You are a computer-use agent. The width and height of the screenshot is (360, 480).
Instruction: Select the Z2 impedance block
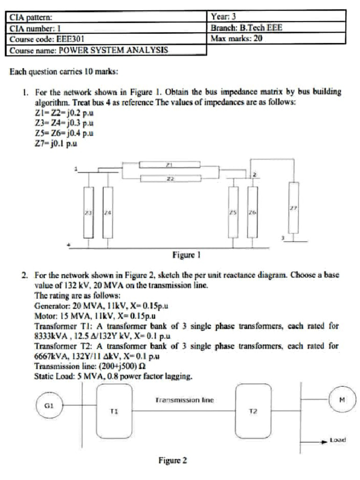pyautogui.click(x=170, y=178)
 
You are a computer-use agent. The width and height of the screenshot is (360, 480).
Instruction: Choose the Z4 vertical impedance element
pyautogui.click(x=108, y=212)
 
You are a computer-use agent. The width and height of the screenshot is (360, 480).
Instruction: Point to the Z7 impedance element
pyautogui.click(x=294, y=208)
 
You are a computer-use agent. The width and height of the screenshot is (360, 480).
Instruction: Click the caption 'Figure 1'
pyautogui.click(x=186, y=255)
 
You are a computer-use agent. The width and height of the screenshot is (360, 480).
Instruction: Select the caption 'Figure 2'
pyautogui.click(x=172, y=460)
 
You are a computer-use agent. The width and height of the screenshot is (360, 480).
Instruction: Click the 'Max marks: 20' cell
pyautogui.click(x=237, y=38)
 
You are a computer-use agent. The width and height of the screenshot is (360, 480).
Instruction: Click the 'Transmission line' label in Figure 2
pyautogui.click(x=184, y=400)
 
